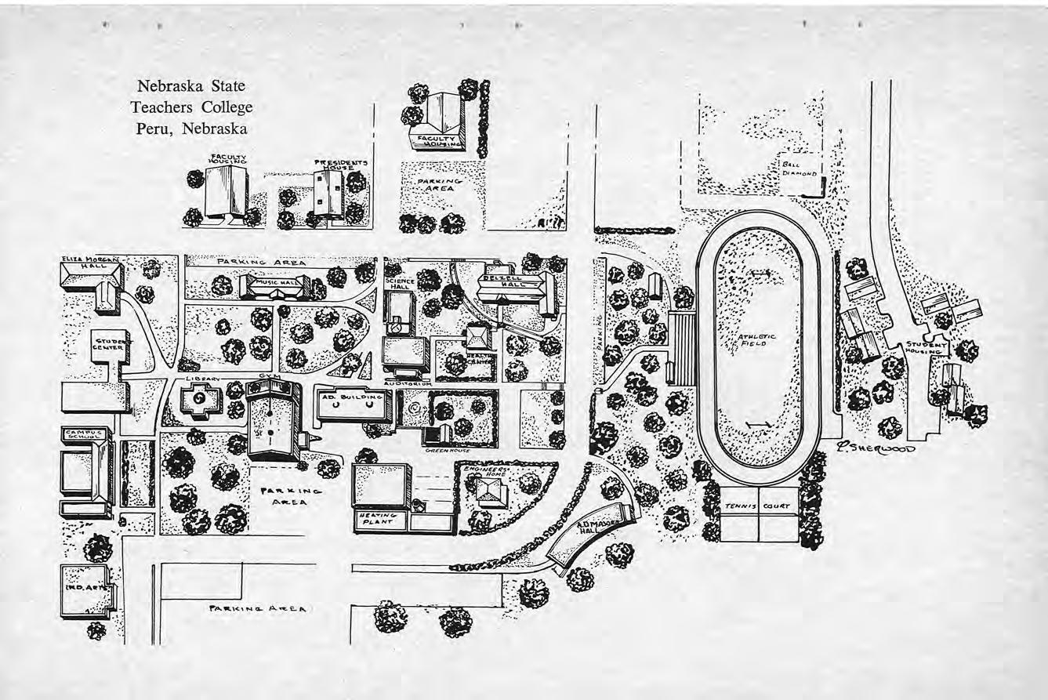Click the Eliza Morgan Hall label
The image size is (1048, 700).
tap(91, 262)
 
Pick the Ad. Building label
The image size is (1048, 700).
tap(352, 397)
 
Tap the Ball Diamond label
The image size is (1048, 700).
tap(800, 169)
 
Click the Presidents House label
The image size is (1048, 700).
tap(341, 165)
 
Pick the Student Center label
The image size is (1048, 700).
tap(109, 343)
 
